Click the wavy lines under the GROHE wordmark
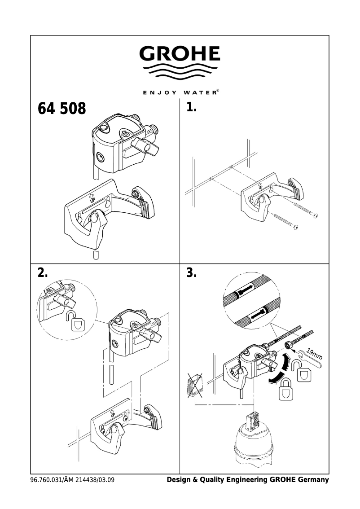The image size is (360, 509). (x=180, y=72)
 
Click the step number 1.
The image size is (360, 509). (x=192, y=108)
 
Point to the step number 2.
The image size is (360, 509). (x=43, y=273)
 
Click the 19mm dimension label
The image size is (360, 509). (x=314, y=354)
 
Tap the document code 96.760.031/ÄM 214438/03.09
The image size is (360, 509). (x=72, y=480)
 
